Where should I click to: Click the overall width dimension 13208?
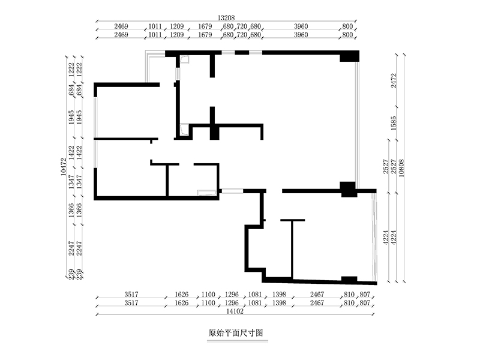coord(226,18)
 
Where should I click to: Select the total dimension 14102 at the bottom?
coord(235,311)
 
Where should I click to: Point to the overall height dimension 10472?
coord(64,167)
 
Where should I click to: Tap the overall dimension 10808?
coord(401,168)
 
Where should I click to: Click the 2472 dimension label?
coord(394,80)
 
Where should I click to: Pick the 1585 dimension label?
coord(394,123)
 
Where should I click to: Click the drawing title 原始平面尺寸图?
coord(235,333)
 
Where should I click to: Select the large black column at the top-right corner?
coord(349,56)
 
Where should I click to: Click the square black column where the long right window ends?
coord(349,190)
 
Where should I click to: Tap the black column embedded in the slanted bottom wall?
coord(349,280)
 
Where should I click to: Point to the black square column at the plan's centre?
coord(215,133)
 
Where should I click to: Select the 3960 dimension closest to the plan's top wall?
coord(301,35)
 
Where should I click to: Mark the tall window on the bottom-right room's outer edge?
coord(374,237)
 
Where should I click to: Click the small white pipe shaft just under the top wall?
coord(185,59)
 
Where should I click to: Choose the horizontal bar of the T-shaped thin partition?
coord(293,220)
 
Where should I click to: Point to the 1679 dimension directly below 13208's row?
coord(205,26)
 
